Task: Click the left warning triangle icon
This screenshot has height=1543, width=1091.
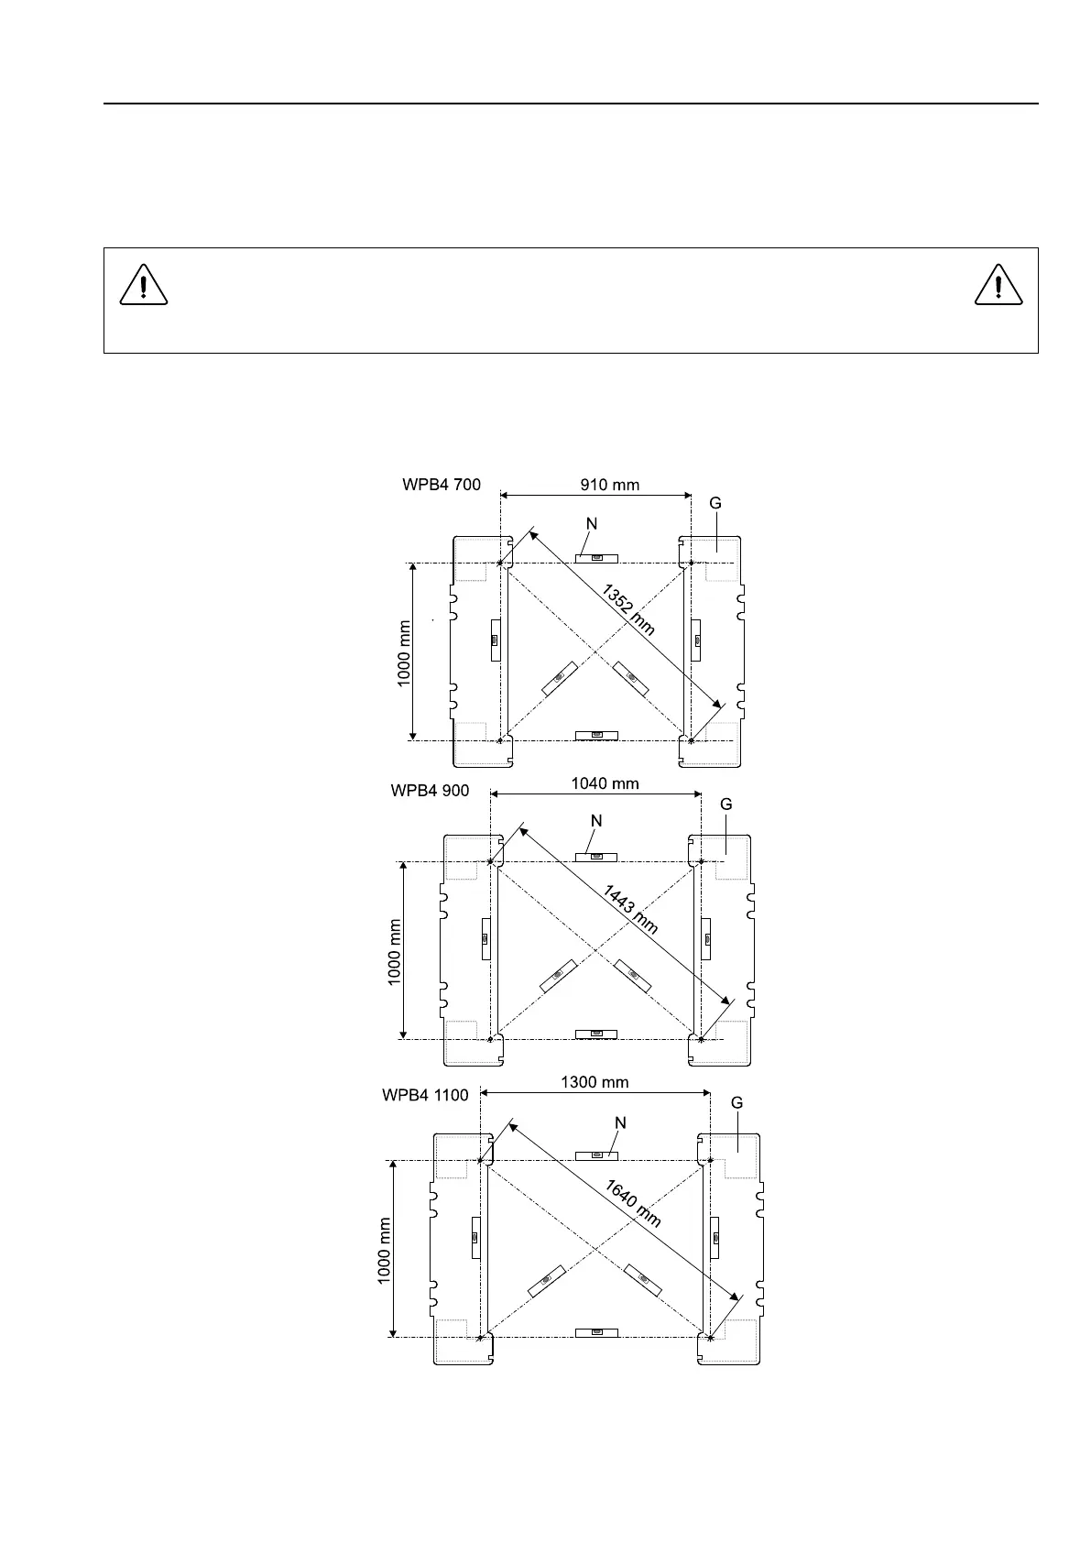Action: [x=144, y=286]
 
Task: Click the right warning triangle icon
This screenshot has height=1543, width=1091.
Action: [x=998, y=286]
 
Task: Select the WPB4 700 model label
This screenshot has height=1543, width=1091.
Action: [x=442, y=485]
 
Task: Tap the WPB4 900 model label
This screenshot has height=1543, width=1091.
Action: [x=430, y=791]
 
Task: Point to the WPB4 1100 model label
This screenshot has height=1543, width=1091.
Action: [x=425, y=1095]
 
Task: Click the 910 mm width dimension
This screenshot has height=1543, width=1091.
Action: [x=610, y=485]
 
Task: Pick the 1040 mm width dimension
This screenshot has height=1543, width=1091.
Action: [x=605, y=783]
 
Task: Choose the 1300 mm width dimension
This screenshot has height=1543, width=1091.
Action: [x=595, y=1082]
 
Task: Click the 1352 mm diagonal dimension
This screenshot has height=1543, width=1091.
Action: [x=628, y=609]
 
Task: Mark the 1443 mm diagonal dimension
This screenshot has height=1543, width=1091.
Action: [x=629, y=909]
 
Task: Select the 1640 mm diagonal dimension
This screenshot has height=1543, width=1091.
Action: [x=632, y=1203]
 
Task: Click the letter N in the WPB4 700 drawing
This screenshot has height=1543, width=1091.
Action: [x=592, y=523]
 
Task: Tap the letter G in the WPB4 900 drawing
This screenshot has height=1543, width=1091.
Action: [x=726, y=804]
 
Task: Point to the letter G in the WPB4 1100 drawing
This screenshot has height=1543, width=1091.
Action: [x=736, y=1103]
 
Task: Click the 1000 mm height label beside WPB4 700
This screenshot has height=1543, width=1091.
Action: [x=404, y=651]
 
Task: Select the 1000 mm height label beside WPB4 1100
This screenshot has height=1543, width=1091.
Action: [x=385, y=1251]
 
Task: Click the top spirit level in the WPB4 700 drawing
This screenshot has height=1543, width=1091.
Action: [x=596, y=557]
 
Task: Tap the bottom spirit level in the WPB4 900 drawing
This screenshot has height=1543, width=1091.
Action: [x=596, y=1034]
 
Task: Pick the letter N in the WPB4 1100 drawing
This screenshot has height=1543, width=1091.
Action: [x=620, y=1123]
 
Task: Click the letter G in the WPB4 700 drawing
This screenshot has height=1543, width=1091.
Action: [x=715, y=503]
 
